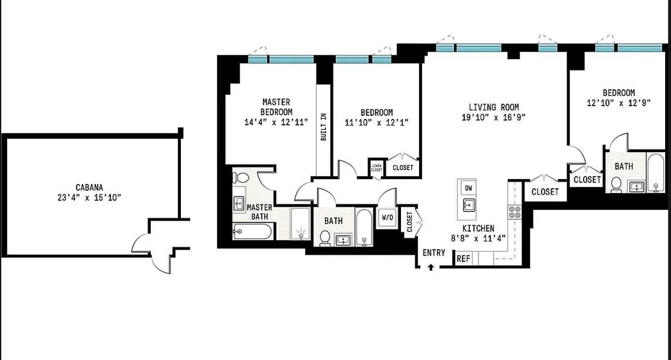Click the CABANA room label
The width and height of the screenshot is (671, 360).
tap(89, 188)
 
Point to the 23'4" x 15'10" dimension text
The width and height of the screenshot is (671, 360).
tap(89, 198)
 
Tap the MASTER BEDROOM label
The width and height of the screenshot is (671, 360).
tap(276, 107)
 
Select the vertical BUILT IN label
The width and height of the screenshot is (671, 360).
tap(323, 127)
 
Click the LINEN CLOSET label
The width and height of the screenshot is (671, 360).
tap(377, 168)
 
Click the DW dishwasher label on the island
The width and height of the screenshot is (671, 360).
tap(468, 188)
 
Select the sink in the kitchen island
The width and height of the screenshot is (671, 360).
tap(468, 205)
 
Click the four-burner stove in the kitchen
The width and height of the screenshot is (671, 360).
tap(514, 212)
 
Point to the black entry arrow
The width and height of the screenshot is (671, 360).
tap(431, 267)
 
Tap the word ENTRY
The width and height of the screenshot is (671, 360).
tap(434, 253)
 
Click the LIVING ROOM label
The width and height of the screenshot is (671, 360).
tap(494, 107)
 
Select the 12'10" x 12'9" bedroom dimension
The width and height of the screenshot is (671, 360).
tap(619, 103)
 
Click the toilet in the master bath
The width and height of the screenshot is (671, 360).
tap(243, 177)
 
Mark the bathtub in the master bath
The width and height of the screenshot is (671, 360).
tap(252, 232)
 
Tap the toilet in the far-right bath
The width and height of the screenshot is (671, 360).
tap(617, 184)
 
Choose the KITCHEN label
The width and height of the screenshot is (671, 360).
tap(478, 229)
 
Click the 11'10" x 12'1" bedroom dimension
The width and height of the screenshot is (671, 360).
tap(377, 122)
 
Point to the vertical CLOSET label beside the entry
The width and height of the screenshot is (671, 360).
tap(410, 222)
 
